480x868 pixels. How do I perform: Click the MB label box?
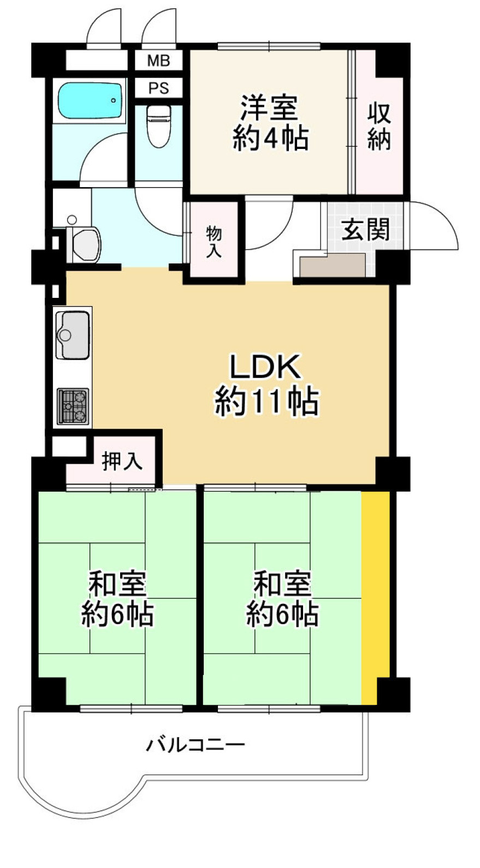pos(158,61)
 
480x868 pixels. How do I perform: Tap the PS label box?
pos(158,88)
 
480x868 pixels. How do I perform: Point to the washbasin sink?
pos(86,244)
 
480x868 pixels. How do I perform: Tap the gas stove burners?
pos(73,406)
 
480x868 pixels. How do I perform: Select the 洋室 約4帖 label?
pos(270,123)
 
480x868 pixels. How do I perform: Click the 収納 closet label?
pos(378,127)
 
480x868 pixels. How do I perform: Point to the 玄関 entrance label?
pos(365,229)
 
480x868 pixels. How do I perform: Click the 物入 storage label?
pos(214,242)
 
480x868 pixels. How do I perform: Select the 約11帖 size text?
pos(266,402)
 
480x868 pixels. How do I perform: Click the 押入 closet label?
pos(122,461)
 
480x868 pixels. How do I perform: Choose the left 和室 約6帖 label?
pos(117,598)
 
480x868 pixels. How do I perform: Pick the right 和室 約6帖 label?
pos(282,598)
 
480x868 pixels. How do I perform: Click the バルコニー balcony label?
pos(195,744)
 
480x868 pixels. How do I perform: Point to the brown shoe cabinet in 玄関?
pos(333,266)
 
